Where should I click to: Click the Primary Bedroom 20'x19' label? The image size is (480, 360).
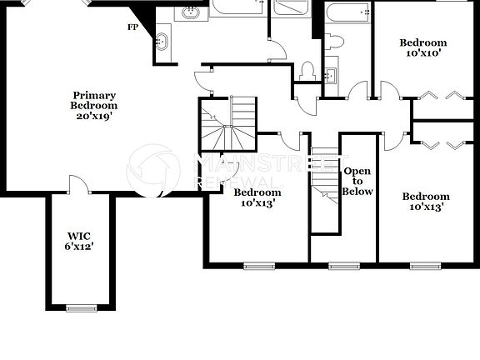pos(94,106)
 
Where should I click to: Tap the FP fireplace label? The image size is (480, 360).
pos(132,27)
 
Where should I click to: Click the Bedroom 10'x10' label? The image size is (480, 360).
pos(422,47)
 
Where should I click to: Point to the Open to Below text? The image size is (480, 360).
pos(357,181)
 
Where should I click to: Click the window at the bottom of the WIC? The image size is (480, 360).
pos(82,308)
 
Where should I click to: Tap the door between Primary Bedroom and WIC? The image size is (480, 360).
pos(76,185)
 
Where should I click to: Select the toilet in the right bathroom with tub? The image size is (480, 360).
pos(336,42)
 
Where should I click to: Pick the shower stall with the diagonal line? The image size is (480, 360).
pos(292,10)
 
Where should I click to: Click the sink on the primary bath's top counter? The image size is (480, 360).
pos(191,12)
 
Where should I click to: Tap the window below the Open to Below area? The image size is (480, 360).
pos(342,267)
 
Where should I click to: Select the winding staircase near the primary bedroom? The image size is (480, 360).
pos(227,123)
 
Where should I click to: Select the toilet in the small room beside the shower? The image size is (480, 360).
pos(307,72)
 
